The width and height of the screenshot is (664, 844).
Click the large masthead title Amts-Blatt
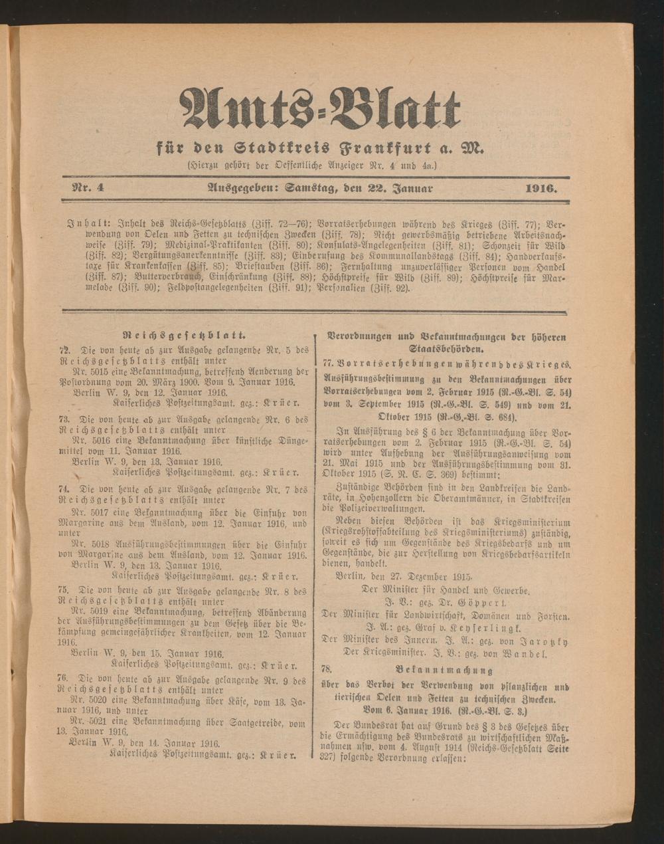(320, 107)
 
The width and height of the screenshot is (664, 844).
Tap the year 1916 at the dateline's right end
(541, 188)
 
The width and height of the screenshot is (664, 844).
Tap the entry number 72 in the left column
(64, 350)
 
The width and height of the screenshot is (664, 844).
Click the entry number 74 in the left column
(64, 490)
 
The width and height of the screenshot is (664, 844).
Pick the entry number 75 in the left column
(64, 590)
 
